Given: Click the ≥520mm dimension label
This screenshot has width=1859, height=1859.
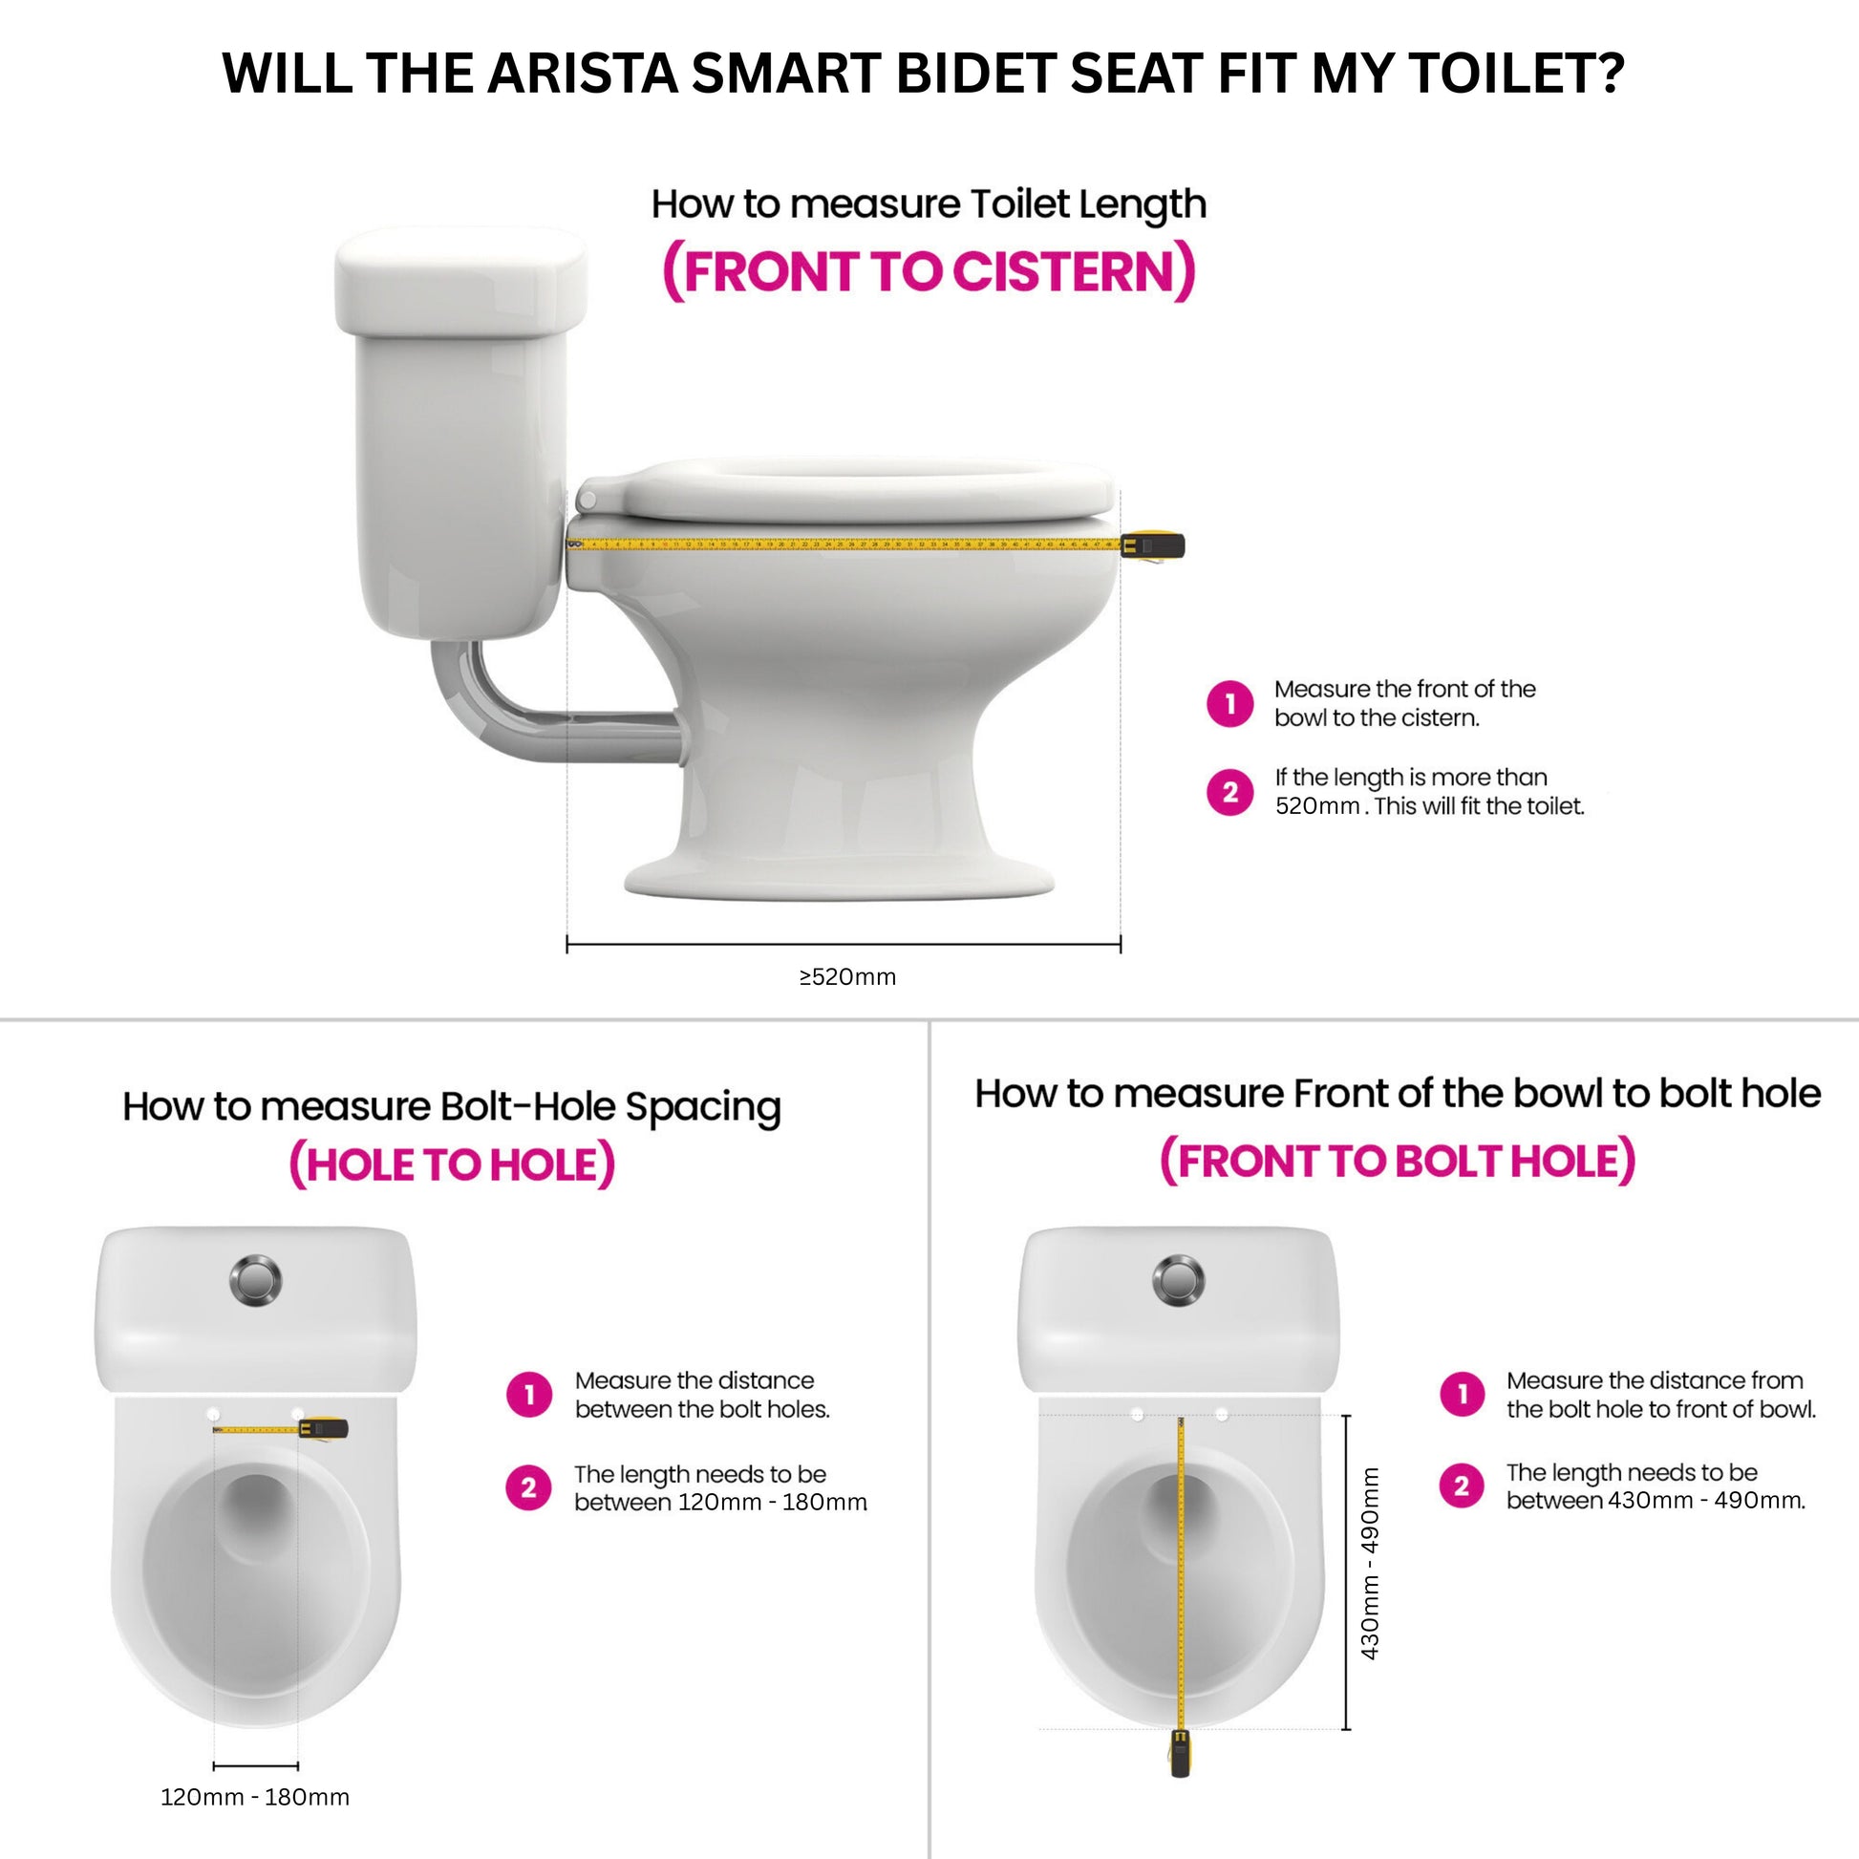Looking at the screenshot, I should click(x=846, y=977).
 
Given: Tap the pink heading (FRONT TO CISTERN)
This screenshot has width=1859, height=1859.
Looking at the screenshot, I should click(x=929, y=272).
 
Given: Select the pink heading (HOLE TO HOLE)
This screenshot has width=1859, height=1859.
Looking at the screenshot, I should click(x=451, y=1165).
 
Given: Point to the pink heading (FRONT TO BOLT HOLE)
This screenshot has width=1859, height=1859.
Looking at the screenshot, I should click(x=1398, y=1162).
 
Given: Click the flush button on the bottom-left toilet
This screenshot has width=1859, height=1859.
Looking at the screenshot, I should click(x=255, y=1281).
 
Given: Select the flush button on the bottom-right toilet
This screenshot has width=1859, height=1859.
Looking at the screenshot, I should click(x=1178, y=1281).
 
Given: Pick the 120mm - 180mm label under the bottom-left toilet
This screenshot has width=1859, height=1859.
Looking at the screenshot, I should click(x=255, y=1798).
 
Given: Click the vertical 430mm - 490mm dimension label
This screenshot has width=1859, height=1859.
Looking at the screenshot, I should click(x=1370, y=1564).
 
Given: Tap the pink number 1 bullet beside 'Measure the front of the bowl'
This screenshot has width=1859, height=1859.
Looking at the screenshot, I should click(x=1229, y=704).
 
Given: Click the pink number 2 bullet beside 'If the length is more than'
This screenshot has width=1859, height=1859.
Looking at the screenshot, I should click(x=1229, y=792).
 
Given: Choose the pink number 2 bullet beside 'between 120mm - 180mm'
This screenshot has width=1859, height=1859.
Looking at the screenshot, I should click(x=528, y=1488).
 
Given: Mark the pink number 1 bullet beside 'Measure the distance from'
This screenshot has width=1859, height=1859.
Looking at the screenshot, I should click(x=1463, y=1395).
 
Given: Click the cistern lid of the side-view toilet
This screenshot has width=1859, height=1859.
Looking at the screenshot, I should click(x=460, y=281).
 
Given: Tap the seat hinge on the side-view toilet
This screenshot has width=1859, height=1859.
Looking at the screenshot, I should click(x=586, y=501).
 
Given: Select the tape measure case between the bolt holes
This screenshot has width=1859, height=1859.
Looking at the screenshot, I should click(x=323, y=1429).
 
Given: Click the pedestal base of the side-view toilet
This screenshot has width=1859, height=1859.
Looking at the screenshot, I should click(x=839, y=876).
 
